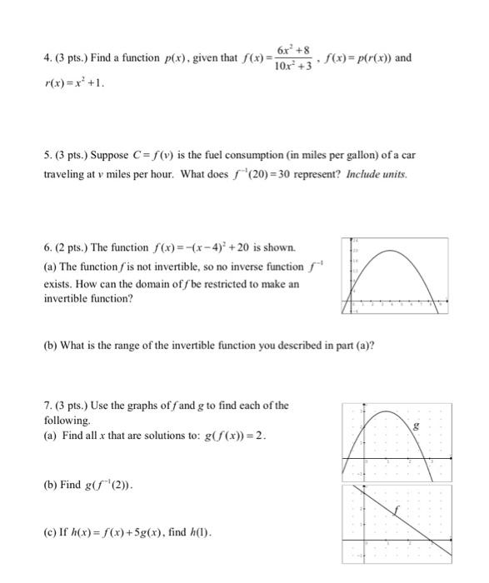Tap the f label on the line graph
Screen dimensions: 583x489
pyautogui.click(x=397, y=507)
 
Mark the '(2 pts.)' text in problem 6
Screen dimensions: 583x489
pyautogui.click(x=76, y=248)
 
